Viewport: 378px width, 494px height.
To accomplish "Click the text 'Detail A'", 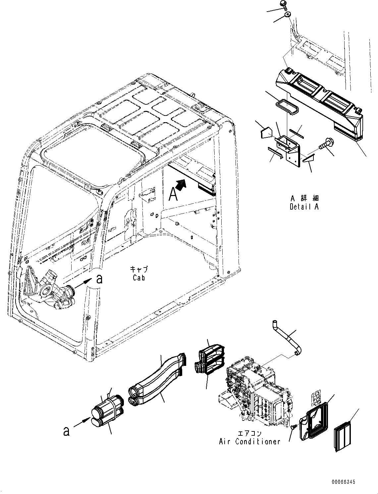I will point(304,207).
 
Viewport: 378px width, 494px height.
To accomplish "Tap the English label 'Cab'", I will point(138,277).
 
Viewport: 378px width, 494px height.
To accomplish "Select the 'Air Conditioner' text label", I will point(249,441).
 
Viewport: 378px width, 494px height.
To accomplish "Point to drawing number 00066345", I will point(342,482).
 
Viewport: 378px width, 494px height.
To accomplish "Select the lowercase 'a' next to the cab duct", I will point(99,279).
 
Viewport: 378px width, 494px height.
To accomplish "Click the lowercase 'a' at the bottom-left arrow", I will point(67,431).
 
